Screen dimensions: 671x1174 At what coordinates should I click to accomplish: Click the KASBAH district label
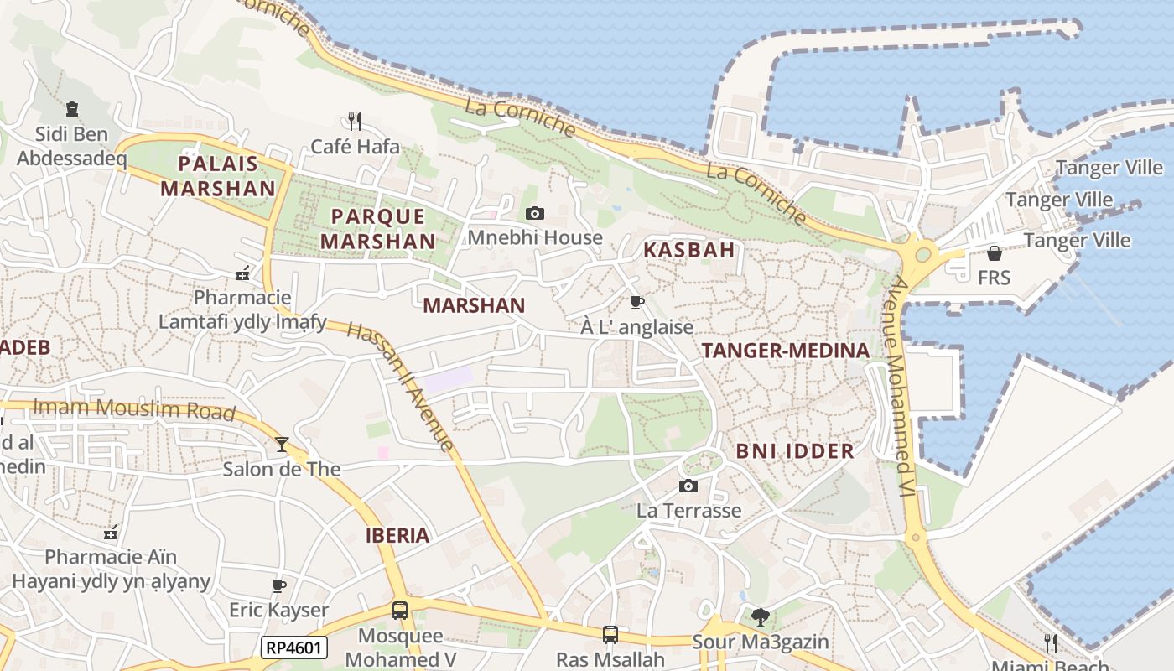(x=688, y=249)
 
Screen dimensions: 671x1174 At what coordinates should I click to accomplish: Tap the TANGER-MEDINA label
(x=785, y=351)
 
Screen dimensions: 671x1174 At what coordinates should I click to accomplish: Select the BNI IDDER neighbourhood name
(x=795, y=451)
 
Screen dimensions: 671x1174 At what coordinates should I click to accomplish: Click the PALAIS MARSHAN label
(x=218, y=175)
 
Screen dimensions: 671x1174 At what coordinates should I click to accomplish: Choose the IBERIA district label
(x=397, y=535)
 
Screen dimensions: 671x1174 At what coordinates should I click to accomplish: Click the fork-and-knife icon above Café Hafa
(x=355, y=122)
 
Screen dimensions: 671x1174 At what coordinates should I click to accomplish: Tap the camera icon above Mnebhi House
(x=534, y=214)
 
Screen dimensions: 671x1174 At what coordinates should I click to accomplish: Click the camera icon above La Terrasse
(x=688, y=486)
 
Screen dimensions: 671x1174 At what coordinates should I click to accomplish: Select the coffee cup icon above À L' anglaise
(x=636, y=302)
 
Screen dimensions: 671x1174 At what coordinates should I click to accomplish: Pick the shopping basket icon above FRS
(x=995, y=252)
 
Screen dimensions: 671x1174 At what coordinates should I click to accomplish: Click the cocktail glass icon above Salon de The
(x=281, y=444)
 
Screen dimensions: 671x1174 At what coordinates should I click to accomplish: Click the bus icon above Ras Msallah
(x=610, y=635)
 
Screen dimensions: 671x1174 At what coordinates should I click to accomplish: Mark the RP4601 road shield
(x=293, y=648)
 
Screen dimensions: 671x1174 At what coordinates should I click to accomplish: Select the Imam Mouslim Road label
(x=134, y=409)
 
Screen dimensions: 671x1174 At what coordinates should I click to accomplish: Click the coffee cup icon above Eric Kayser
(x=279, y=585)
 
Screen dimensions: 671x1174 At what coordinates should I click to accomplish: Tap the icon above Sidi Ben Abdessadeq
(x=72, y=109)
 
